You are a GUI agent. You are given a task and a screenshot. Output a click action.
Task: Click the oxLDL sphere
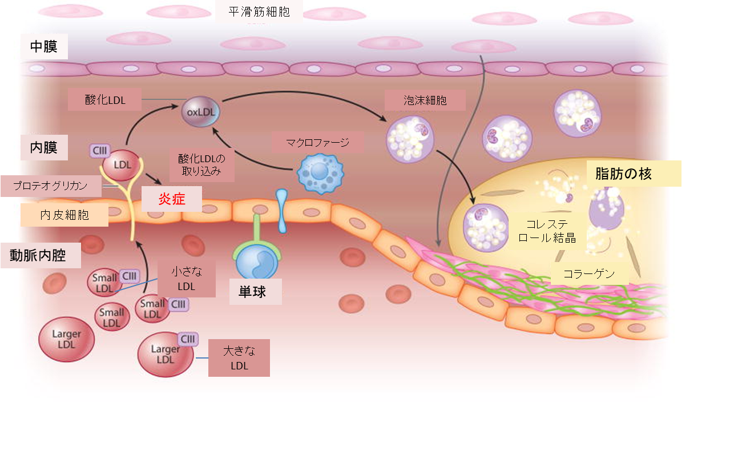point(201,112)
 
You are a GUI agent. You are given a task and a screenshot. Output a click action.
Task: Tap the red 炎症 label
point(172,199)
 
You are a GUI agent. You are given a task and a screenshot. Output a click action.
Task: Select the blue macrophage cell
point(320,174)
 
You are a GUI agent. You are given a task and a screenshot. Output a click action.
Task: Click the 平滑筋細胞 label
point(259,11)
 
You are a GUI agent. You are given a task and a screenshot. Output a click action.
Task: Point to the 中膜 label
point(44,46)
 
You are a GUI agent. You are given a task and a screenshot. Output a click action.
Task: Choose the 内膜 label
point(44,147)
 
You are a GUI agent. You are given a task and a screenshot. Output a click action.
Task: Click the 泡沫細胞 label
point(425,100)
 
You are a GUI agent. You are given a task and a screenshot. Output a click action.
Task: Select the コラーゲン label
point(589,274)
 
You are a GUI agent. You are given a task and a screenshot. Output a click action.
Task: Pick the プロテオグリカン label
point(51,186)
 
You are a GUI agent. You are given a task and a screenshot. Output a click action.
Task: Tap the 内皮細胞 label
point(64,215)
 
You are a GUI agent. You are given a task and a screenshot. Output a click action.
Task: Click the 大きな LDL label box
point(239,358)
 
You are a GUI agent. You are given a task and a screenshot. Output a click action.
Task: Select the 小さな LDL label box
point(187,279)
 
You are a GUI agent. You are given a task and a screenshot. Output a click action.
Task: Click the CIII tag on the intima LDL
point(99,151)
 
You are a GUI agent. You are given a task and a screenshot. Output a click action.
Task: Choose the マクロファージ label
point(318,143)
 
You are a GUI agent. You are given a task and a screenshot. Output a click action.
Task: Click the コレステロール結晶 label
point(547,231)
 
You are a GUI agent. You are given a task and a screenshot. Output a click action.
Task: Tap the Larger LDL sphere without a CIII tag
point(67,339)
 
